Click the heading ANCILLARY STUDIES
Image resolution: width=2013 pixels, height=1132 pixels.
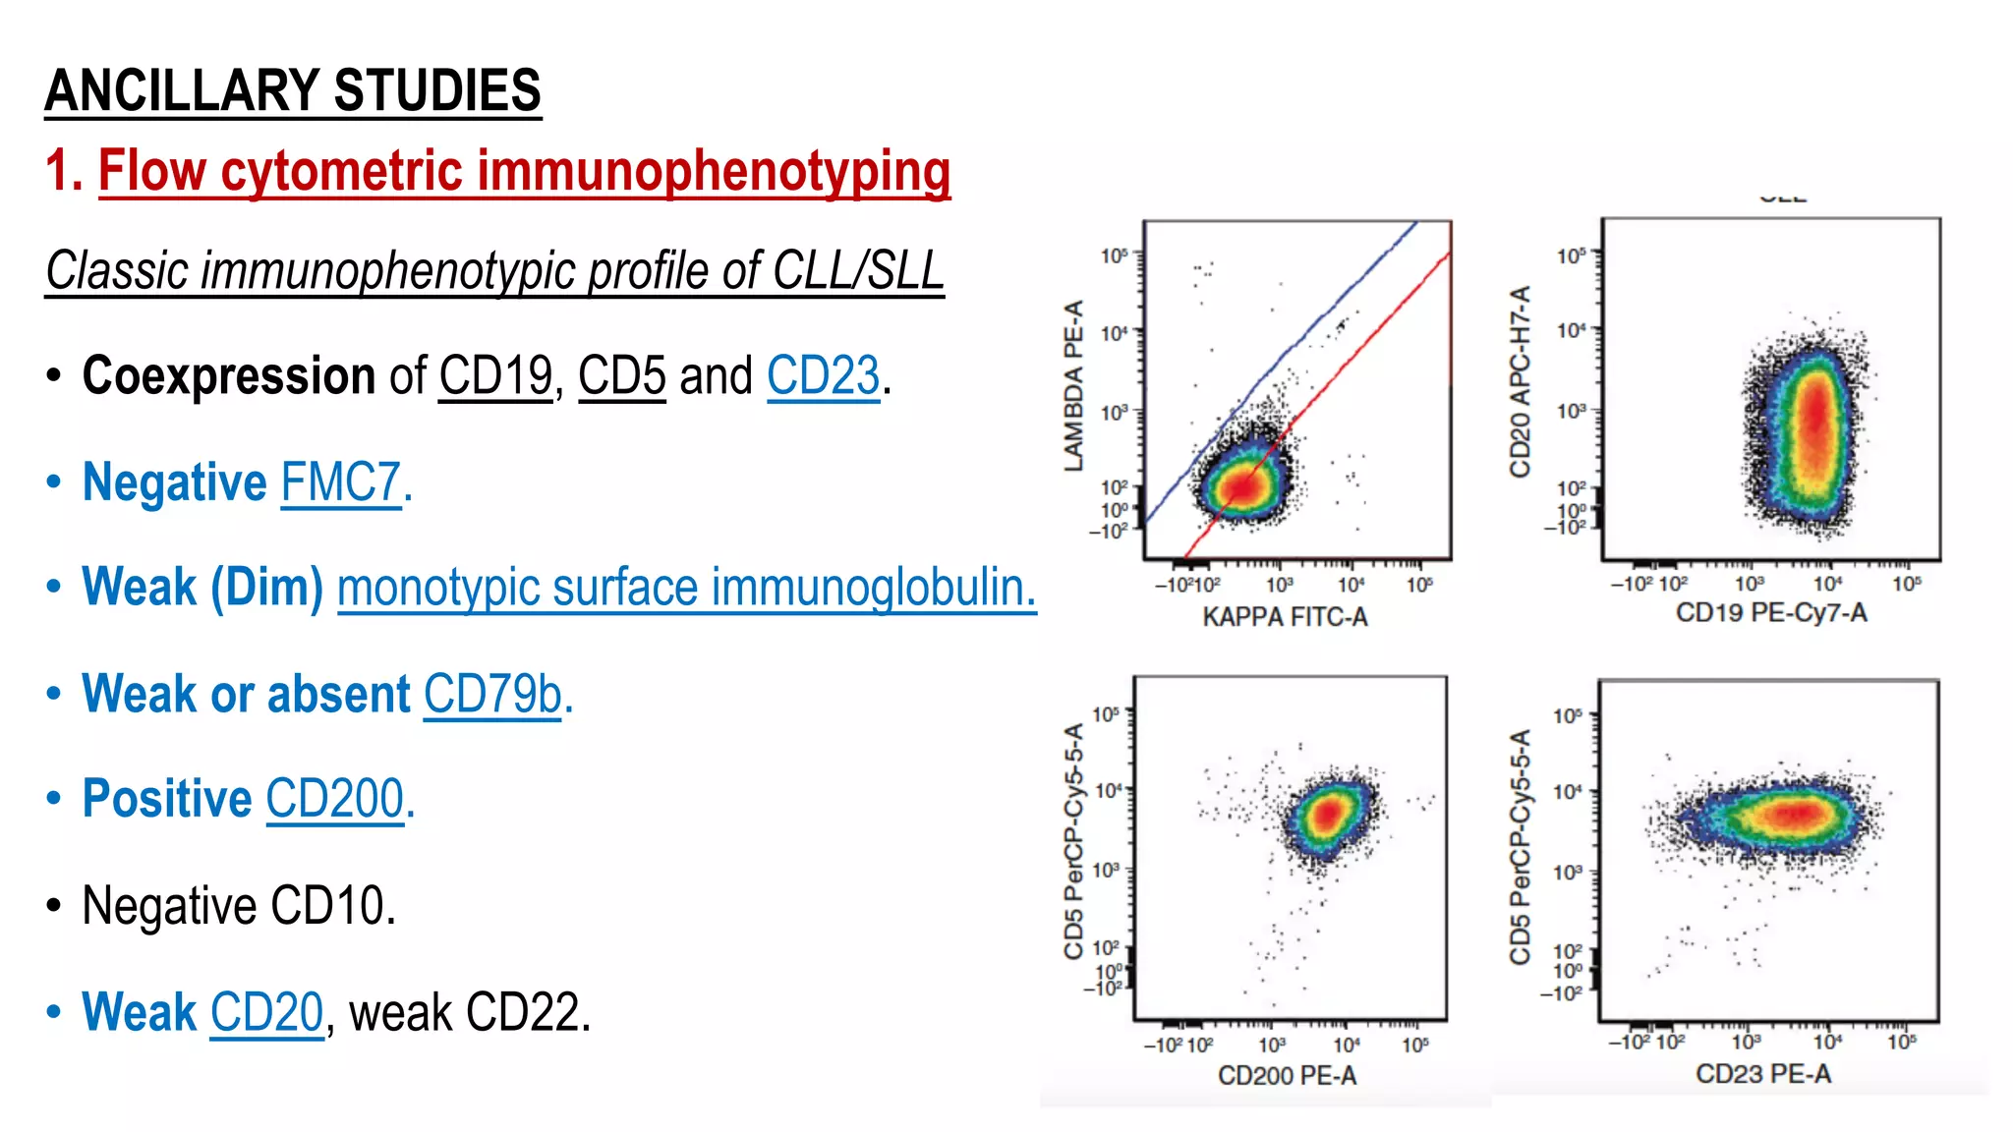292,90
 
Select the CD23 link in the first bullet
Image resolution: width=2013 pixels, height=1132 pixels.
823,376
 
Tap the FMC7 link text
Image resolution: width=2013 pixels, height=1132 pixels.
341,482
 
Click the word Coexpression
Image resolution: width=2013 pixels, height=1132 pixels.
228,376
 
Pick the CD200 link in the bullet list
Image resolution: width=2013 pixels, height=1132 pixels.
335,799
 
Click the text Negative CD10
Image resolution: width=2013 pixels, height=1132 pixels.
239,905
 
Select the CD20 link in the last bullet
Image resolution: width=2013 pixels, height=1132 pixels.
266,1012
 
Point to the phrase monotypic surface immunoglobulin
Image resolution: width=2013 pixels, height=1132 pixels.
686,588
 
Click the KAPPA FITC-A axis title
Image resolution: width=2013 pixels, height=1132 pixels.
1285,617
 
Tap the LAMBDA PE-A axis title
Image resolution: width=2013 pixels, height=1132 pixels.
1073,385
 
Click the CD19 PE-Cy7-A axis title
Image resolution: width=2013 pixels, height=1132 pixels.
1771,613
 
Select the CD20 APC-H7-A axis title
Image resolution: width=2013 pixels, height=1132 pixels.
1520,381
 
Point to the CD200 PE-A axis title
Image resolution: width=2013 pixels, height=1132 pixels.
1287,1076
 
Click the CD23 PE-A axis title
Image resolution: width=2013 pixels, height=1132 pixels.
1762,1074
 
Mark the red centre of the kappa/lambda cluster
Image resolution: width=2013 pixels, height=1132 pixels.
1243,484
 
